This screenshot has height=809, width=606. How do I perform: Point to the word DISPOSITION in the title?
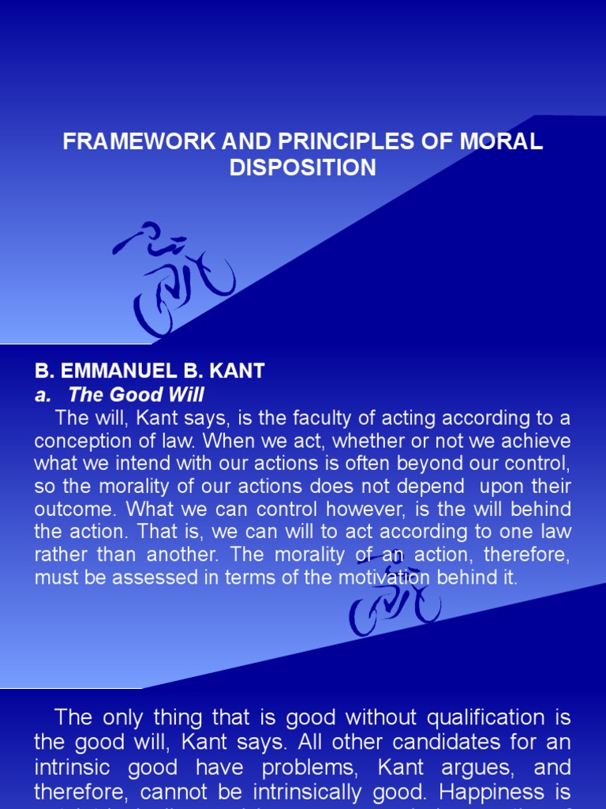click(303, 167)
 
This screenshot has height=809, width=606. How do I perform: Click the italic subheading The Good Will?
click(137, 394)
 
